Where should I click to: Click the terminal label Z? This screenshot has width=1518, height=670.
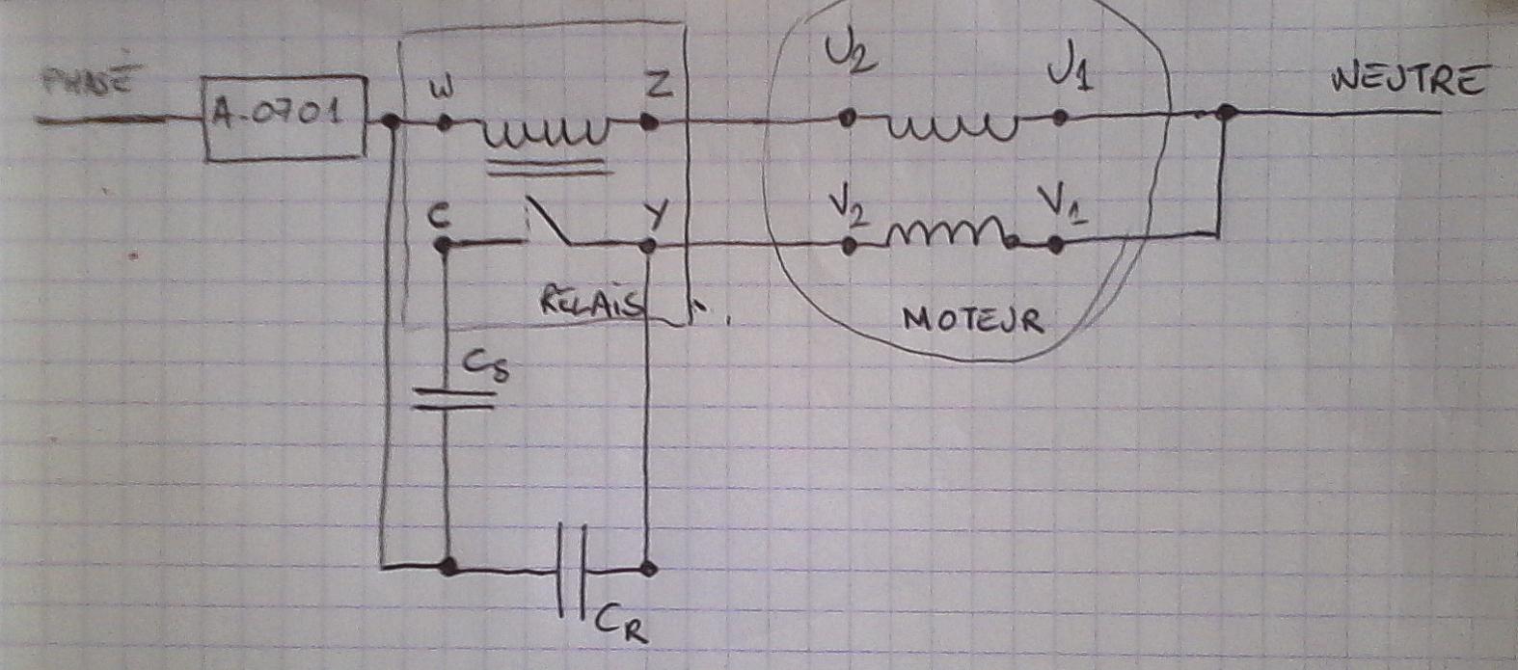pos(658,86)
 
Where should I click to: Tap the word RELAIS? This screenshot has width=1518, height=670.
pos(591,303)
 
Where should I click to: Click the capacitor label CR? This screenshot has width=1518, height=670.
pos(620,622)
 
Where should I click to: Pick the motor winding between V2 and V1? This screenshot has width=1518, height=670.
pos(951,233)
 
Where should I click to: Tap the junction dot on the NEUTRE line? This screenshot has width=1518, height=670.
pos(1224,114)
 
